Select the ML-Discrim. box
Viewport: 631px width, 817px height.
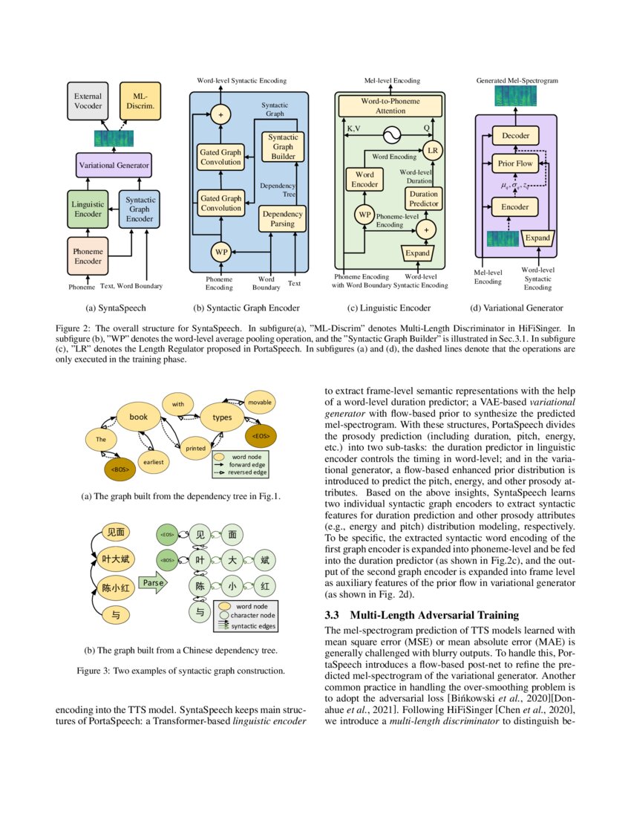pyautogui.click(x=140, y=102)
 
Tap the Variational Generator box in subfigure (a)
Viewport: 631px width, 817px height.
pyautogui.click(x=114, y=165)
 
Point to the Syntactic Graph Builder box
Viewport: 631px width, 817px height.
pyautogui.click(x=283, y=147)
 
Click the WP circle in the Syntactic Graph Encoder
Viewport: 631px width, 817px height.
pyautogui.click(x=220, y=252)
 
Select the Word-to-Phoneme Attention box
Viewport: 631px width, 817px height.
pyautogui.click(x=390, y=105)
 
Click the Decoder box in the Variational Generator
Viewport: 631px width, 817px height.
pyautogui.click(x=514, y=136)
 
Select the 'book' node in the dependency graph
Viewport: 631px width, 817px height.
pyautogui.click(x=139, y=417)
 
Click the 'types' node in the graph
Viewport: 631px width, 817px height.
pyautogui.click(x=222, y=417)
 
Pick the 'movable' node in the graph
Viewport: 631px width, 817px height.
pyautogui.click(x=260, y=402)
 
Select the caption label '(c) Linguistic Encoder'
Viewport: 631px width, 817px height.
pyautogui.click(x=389, y=307)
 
